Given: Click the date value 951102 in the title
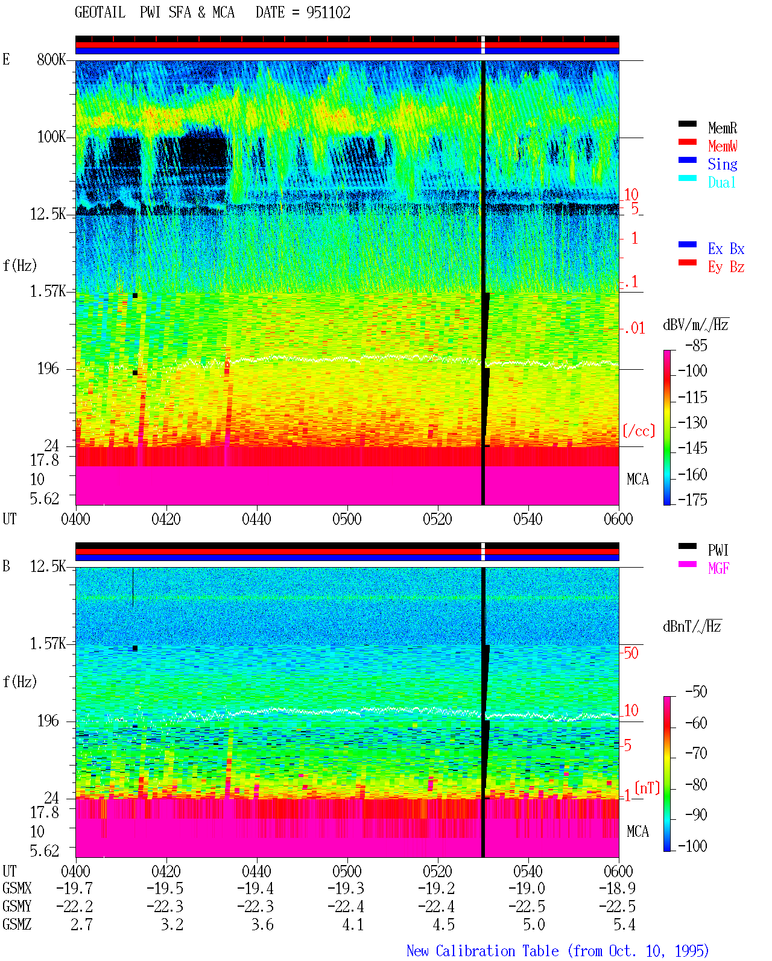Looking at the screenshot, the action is pos(328,13).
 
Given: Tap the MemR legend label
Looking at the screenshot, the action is pos(723,128).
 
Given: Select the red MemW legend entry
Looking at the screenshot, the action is pos(723,146).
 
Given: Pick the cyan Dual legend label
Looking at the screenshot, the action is pos(722,182).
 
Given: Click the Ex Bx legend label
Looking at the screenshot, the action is pos(726,249).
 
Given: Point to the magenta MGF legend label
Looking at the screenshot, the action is pos(718,568).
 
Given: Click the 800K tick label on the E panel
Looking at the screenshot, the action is pos(51,59).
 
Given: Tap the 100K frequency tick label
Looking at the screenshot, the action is pos(51,137).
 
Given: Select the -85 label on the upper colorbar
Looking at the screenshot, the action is pos(696,345).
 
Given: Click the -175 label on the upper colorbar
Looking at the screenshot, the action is pos(692,500).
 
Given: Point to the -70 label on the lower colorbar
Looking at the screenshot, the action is pos(696,753).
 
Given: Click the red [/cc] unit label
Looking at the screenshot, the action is pos(639,431).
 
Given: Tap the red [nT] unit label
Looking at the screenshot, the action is pos(647,788).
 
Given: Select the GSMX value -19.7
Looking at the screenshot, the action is pos(75,888).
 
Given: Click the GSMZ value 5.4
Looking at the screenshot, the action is pos(624,924).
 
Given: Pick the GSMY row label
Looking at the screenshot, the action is pos(17,907).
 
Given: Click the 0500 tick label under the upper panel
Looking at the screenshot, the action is pos(347,519).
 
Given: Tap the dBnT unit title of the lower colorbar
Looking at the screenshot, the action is pos(692,627).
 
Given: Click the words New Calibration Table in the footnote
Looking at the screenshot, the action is pos(482,951).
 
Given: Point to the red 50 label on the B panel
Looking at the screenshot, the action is pos(630,653).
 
